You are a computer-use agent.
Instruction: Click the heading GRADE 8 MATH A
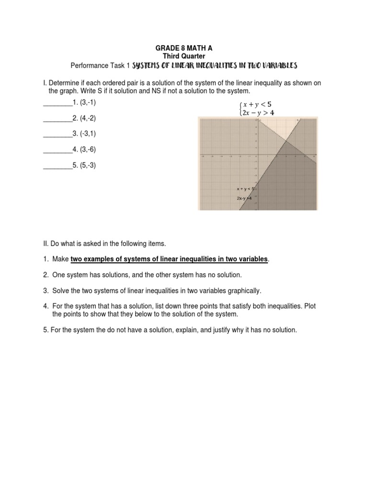pos(184,48)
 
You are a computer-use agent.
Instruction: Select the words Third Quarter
pos(184,56)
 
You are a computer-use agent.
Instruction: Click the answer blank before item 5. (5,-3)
pos(57,166)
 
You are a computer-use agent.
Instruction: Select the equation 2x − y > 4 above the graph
pos(260,113)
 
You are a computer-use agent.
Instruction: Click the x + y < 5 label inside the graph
pos(245,189)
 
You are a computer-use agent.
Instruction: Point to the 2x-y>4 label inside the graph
pos(244,198)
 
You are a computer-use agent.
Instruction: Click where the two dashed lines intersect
pos(286,140)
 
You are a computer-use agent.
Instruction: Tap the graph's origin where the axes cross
pos(257,155)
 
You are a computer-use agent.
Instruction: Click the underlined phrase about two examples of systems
pos(169,259)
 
